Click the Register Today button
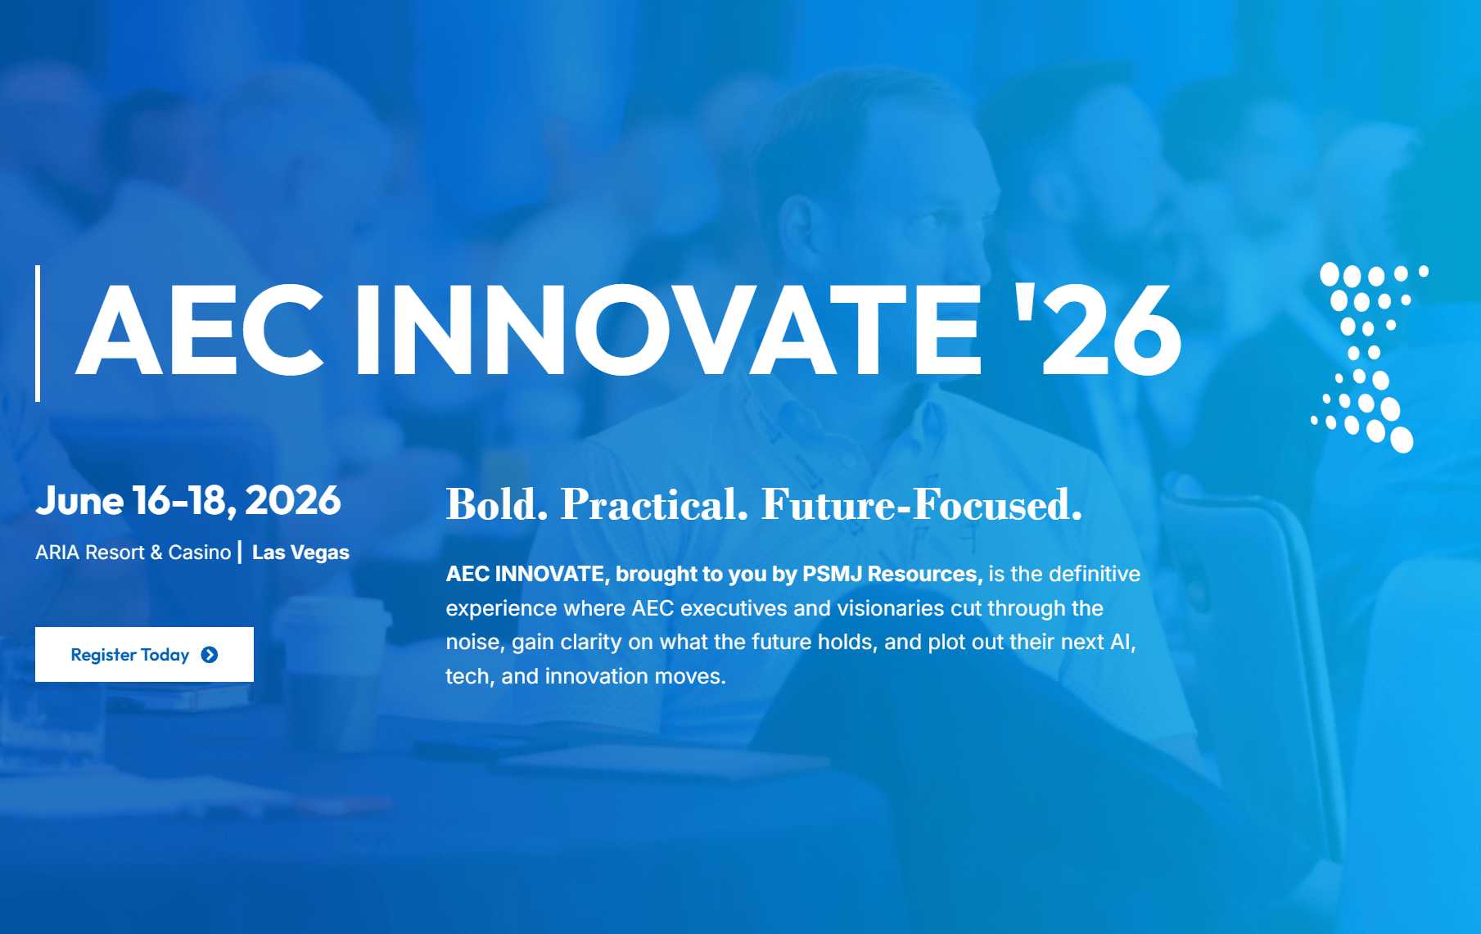tap(144, 654)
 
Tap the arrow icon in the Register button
tap(210, 655)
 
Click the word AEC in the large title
tap(200, 331)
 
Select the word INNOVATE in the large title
tap(668, 331)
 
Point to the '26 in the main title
tap(1098, 331)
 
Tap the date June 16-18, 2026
tap(188, 501)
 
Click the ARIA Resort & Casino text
tap(133, 553)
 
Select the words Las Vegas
tap(300, 553)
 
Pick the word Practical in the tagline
tap(654, 504)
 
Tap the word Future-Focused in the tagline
tap(922, 504)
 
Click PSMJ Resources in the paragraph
tap(892, 574)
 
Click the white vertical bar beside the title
tap(38, 333)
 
